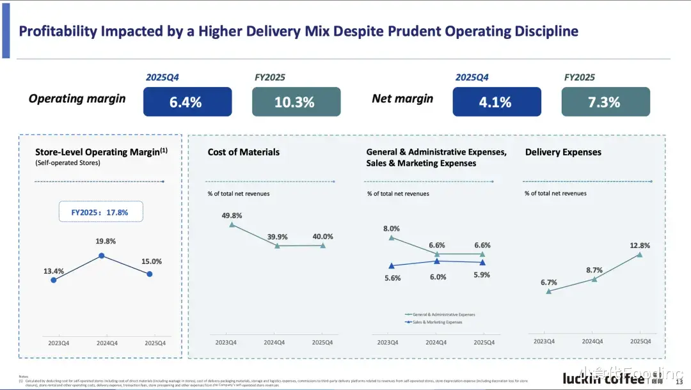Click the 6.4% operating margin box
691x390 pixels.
coord(187,102)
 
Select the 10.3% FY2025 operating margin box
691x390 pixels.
coord(296,102)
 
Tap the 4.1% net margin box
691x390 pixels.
coord(496,102)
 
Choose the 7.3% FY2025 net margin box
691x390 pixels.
coord(605,102)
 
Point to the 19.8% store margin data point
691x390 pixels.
coord(101,256)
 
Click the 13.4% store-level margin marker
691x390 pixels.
coord(53,279)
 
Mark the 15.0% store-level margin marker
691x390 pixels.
coord(150,274)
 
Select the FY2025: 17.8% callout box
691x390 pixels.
coord(100,212)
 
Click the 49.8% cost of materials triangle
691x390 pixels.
coord(232,224)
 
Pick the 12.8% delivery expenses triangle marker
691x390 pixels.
coord(639,254)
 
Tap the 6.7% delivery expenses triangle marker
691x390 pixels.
coord(548,291)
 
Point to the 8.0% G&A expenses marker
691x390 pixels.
coord(391,238)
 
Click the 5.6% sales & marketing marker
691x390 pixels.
coord(391,265)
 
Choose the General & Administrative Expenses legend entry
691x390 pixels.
coord(440,315)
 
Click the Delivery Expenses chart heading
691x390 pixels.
coord(563,152)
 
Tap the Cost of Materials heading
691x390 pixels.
coord(243,152)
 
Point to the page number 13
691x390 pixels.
coord(679,382)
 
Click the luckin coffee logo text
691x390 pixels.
coord(603,378)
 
